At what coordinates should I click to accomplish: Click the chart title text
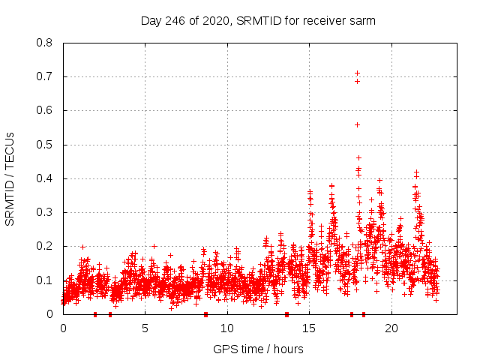(258, 20)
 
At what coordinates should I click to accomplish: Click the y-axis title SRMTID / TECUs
(10, 178)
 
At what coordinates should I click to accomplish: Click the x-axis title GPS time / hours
(258, 349)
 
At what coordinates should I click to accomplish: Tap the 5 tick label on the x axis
(145, 328)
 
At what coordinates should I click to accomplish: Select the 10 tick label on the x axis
(227, 328)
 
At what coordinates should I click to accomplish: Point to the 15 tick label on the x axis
(309, 328)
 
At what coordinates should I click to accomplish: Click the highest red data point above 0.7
(358, 73)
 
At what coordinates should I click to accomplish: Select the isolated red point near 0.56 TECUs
(358, 124)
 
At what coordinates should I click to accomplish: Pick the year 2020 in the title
(215, 20)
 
